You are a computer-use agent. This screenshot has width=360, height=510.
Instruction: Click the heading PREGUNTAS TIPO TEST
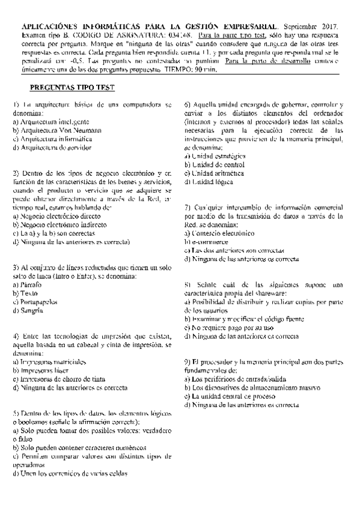[x=73, y=87]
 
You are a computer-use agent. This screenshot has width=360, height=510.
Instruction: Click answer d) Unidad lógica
[x=210, y=182]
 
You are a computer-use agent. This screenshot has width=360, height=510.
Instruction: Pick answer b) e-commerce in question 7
[x=207, y=242]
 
